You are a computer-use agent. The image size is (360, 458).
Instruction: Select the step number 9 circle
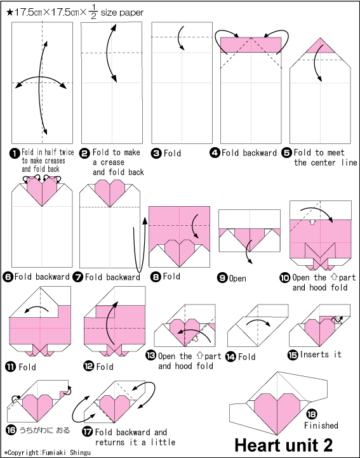tap(223, 277)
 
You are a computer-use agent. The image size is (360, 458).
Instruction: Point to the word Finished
tap(321, 426)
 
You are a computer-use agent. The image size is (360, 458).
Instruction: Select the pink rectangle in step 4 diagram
tap(252, 45)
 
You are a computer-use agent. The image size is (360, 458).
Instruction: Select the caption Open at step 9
tap(238, 278)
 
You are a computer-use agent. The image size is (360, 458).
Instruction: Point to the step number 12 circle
tap(88, 367)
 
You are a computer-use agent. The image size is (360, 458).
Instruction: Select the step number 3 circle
tap(156, 153)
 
